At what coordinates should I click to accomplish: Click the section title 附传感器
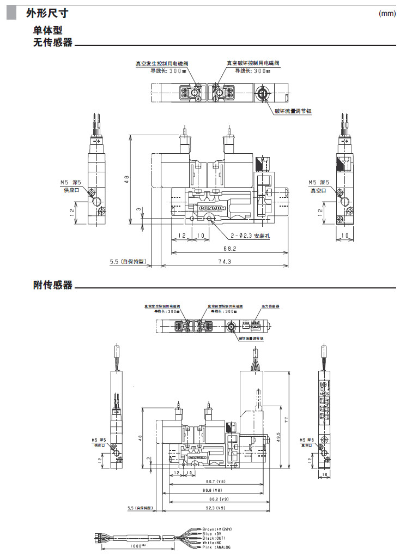pyautogui.click(x=52, y=285)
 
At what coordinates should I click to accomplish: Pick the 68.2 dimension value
pyautogui.click(x=229, y=249)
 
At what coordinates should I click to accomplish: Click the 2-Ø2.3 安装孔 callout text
pyautogui.click(x=250, y=236)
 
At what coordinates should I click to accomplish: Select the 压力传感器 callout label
pyautogui.click(x=270, y=307)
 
